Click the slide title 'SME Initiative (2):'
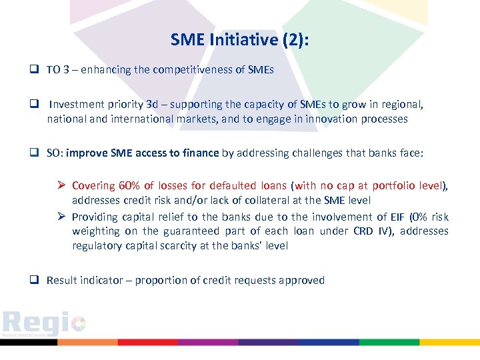pyautogui.click(x=239, y=40)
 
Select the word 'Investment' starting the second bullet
pyautogui.click(x=76, y=105)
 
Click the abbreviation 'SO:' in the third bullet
pyautogui.click(x=55, y=153)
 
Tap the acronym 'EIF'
pyautogui.click(x=382, y=217)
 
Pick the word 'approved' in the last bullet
pyautogui.click(x=304, y=281)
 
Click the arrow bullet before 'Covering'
pyautogui.click(x=61, y=186)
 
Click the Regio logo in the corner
pyautogui.click(x=44, y=325)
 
